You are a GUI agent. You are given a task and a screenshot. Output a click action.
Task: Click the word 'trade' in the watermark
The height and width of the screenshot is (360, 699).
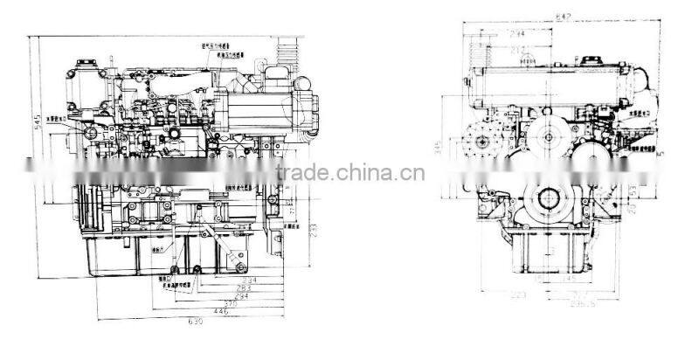301,171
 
